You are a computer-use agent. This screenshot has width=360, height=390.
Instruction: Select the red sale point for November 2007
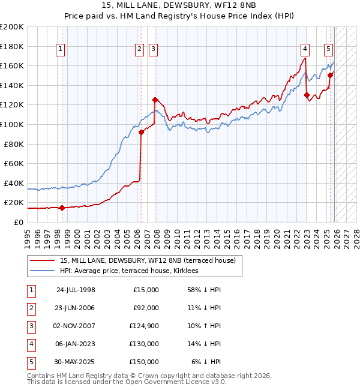pyautogui.click(x=155, y=100)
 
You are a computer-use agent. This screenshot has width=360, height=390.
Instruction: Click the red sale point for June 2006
pyautogui.click(x=142, y=132)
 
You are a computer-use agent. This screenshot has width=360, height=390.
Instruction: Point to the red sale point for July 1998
pyautogui.click(x=62, y=208)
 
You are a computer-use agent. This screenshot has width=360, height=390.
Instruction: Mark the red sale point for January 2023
pyautogui.click(x=307, y=95)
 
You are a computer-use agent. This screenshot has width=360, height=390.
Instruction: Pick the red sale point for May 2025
pyautogui.click(x=330, y=76)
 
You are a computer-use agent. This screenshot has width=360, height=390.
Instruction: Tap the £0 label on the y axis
pyautogui.click(x=19, y=222)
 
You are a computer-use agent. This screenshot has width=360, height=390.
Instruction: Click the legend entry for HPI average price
pyautogui.click(x=133, y=271)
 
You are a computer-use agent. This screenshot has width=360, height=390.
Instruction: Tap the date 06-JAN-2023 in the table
pyautogui.click(x=76, y=344)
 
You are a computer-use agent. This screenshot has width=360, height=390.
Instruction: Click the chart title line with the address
pyautogui.click(x=180, y=6)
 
